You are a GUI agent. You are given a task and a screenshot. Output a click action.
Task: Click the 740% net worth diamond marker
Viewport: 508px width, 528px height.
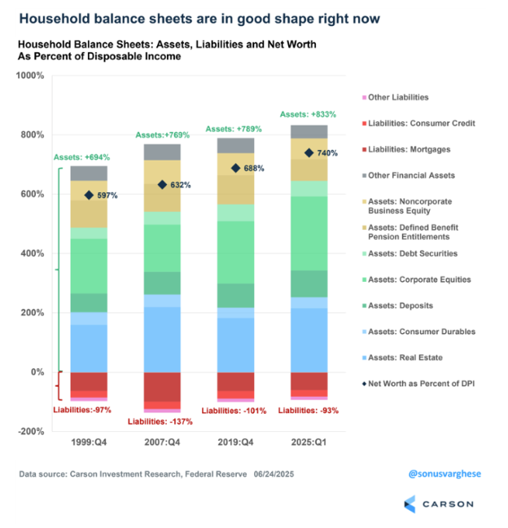tap(309, 153)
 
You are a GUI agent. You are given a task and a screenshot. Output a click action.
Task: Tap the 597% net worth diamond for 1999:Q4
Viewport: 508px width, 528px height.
tap(89, 195)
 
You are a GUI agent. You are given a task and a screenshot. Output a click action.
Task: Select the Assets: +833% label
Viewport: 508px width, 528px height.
tap(308, 114)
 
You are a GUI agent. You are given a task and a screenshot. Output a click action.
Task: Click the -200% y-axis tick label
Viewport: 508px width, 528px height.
tap(30, 431)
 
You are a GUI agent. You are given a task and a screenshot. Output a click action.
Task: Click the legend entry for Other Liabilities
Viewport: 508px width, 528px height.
tap(398, 98)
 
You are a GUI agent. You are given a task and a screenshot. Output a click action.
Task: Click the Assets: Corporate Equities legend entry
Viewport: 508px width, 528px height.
tap(419, 279)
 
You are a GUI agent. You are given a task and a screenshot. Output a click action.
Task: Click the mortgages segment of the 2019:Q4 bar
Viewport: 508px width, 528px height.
tap(235, 382)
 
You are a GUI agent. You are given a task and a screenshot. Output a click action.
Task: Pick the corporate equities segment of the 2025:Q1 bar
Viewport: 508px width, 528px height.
tap(309, 233)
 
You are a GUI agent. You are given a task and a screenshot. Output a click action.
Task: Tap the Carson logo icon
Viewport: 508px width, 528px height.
tap(408, 504)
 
